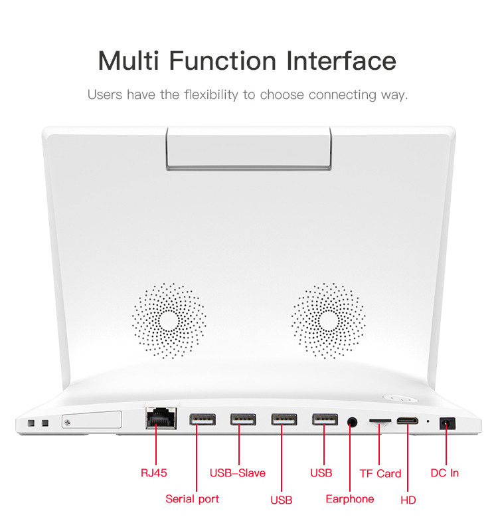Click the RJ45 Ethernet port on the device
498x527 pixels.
click(161, 418)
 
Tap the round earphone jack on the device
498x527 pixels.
click(352, 421)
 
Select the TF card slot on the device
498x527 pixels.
click(380, 421)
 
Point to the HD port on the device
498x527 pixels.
click(407, 421)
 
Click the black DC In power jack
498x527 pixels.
click(448, 423)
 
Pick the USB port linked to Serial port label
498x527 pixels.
click(203, 420)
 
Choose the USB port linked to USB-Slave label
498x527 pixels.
click(243, 420)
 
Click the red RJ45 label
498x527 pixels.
click(154, 473)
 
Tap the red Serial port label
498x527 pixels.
click(192, 499)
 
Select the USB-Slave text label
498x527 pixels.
click(238, 473)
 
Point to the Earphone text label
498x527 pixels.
click(350, 499)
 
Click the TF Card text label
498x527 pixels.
click(380, 473)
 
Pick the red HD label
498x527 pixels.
click(408, 500)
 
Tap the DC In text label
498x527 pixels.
click(445, 473)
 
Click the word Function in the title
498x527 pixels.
click(222, 60)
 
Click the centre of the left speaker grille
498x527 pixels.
click(169, 321)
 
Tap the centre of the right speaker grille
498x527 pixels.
click(329, 321)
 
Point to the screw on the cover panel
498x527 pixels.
click(68, 423)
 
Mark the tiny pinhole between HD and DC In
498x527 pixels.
click(428, 421)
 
